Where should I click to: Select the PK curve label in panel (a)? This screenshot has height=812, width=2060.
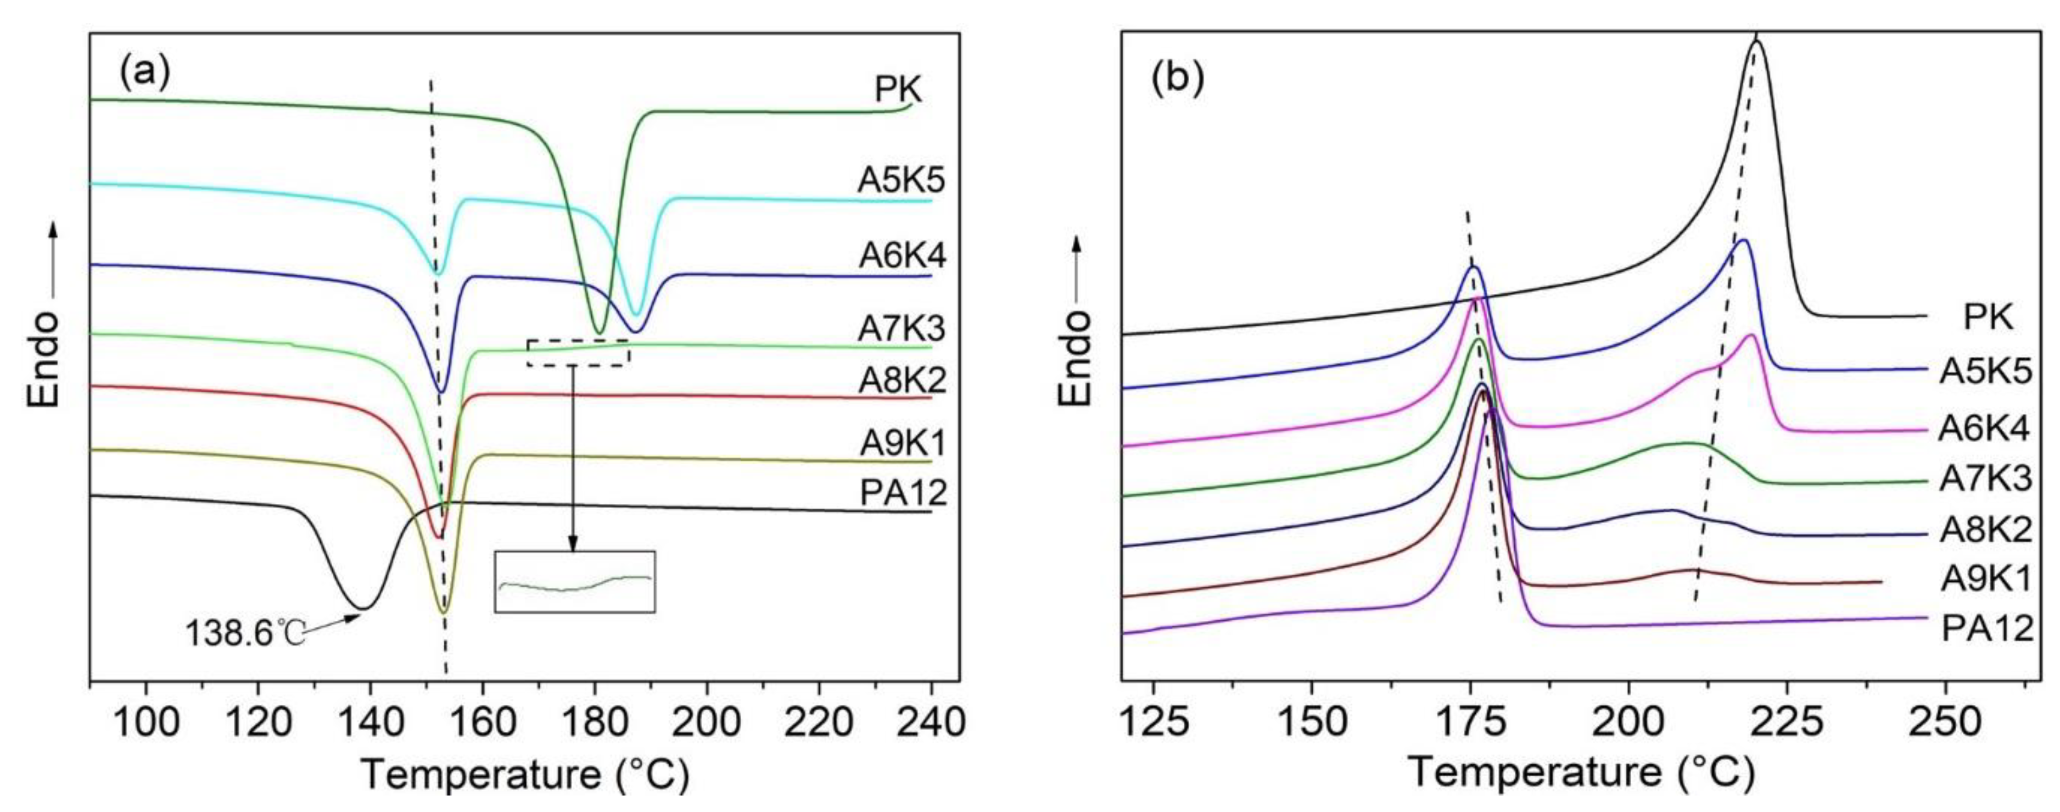(898, 111)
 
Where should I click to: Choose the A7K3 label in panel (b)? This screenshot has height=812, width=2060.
(1985, 479)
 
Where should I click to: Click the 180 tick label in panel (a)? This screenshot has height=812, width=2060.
(594, 722)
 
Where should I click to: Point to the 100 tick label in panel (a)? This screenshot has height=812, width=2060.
(145, 722)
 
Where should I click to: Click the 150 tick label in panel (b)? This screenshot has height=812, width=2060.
(1312, 722)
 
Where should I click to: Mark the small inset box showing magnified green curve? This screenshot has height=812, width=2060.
(575, 582)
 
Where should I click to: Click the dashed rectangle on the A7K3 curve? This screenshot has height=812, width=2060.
(578, 352)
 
